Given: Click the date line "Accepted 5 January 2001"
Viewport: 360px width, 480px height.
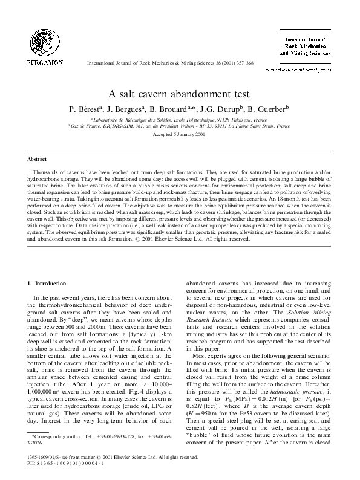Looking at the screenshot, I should (x=180, y=136).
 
